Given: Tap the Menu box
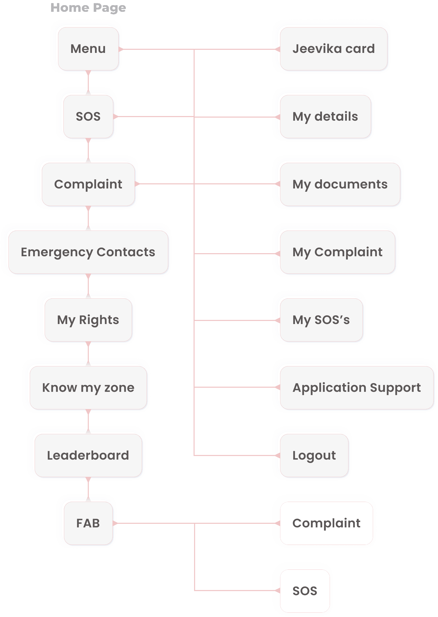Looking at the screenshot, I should [x=88, y=49].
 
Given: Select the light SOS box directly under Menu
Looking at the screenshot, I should [x=88, y=117].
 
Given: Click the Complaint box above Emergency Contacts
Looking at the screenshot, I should [x=88, y=184].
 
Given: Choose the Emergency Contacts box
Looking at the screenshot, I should [x=88, y=252].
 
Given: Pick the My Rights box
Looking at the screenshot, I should [x=88, y=320].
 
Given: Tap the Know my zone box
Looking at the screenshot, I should [x=88, y=387].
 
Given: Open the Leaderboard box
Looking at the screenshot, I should [x=88, y=455].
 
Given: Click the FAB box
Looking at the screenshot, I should [x=88, y=523].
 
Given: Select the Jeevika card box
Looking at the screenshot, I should [x=334, y=49].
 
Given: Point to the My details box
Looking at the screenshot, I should [x=325, y=117].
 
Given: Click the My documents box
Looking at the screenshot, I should [x=340, y=184].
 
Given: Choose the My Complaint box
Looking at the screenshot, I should [x=337, y=252].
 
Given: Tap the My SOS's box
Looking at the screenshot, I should [x=321, y=320].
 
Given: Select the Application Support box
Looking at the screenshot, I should [x=357, y=387].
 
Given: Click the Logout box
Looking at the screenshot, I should [x=314, y=455].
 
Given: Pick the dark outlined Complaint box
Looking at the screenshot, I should [x=326, y=523].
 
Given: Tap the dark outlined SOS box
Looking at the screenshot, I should [x=305, y=591].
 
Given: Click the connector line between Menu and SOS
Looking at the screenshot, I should [x=88, y=82].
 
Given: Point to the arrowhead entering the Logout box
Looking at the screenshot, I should [x=277, y=455].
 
